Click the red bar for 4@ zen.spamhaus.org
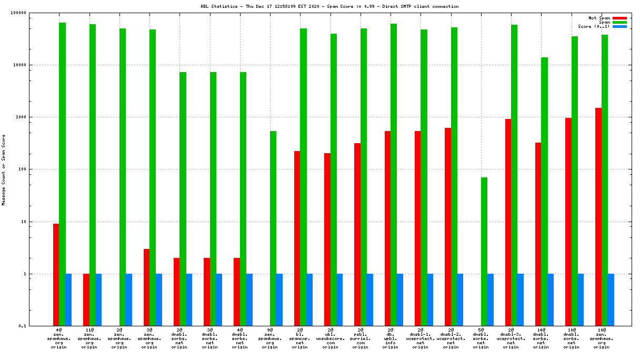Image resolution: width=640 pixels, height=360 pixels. tap(56, 275)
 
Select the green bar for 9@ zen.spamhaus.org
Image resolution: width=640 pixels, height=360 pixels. tap(273, 228)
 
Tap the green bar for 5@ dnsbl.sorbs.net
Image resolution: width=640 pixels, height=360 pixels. tap(484, 252)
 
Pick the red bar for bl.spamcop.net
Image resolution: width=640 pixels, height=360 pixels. tap(297, 238)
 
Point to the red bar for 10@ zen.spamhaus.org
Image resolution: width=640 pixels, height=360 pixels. tap(598, 217)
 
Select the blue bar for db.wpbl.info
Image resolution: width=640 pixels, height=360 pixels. tap(400, 300)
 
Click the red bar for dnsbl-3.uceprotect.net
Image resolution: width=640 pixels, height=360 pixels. tap(508, 222)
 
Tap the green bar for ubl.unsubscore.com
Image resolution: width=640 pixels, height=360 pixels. tap(334, 180)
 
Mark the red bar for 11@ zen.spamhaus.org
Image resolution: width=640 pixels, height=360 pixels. tap(86, 300)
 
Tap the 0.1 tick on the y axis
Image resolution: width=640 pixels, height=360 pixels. tap(37, 326)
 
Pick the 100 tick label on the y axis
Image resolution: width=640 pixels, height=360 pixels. tap(36, 169)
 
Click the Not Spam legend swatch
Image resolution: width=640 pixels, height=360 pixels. tap(619, 18)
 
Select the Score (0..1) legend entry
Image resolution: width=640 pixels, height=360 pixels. tap(594, 26)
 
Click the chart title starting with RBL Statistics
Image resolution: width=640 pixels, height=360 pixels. tap(322, 6)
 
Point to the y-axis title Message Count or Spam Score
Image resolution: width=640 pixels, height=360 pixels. tap(4, 169)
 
